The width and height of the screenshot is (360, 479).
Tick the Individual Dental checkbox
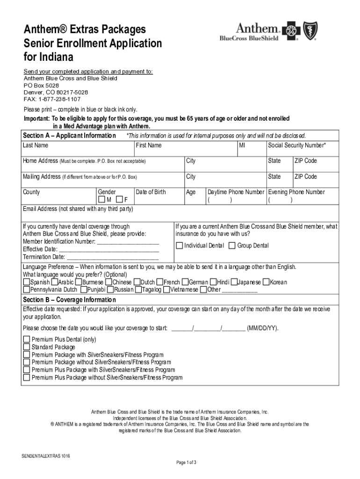(x=180, y=246)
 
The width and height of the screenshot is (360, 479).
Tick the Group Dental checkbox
(x=232, y=246)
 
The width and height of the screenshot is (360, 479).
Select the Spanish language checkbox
(x=26, y=283)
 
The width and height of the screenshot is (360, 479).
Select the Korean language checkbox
(x=266, y=283)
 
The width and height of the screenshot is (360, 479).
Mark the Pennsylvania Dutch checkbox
(x=26, y=290)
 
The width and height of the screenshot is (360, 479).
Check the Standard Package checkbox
(x=27, y=348)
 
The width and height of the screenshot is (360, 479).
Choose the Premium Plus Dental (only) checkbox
(x=27, y=340)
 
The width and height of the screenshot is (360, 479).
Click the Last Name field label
(x=36, y=145)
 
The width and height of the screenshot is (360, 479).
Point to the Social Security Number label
(x=297, y=145)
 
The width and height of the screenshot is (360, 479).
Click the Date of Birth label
(x=151, y=192)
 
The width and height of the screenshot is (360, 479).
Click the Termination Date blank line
(x=113, y=257)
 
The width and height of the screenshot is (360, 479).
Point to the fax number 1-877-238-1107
(x=52, y=100)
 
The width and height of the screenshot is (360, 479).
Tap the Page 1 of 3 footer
(x=186, y=463)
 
